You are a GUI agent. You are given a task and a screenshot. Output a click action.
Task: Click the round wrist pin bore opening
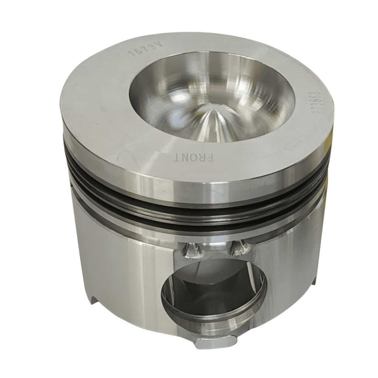[214, 292]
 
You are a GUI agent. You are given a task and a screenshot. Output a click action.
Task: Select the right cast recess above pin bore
[238, 248]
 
